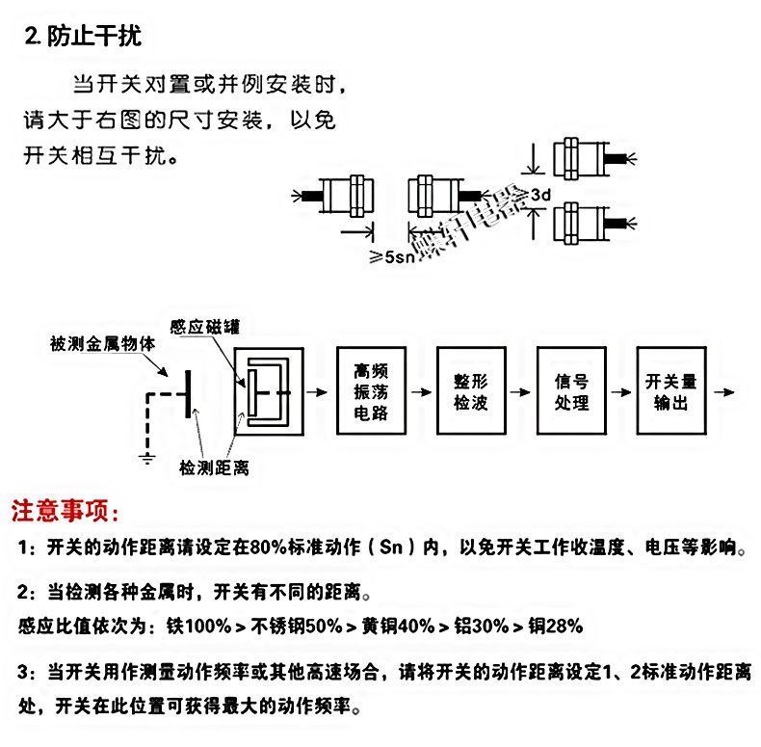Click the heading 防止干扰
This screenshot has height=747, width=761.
pyautogui.click(x=92, y=38)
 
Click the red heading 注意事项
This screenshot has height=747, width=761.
pyautogui.click(x=66, y=508)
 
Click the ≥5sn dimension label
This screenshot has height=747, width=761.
pyautogui.click(x=393, y=256)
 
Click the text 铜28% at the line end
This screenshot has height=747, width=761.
pyautogui.click(x=553, y=626)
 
